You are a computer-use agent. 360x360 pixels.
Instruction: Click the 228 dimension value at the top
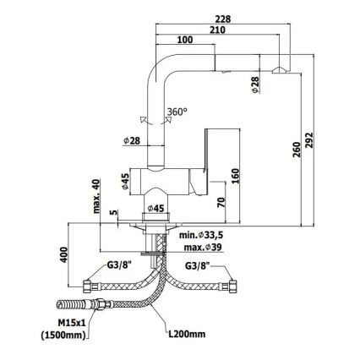[223, 19]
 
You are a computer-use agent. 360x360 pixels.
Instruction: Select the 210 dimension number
[217, 30]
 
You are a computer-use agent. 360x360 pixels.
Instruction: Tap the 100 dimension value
[185, 40]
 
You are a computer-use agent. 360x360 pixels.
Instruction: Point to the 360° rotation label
[177, 112]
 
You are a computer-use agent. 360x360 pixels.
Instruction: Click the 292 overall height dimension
[309, 142]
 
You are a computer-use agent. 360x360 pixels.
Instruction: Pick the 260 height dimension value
[297, 150]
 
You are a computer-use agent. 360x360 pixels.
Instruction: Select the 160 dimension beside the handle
[235, 176]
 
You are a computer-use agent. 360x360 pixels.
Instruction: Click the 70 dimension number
[221, 202]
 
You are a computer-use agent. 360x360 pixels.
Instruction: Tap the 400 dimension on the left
[64, 254]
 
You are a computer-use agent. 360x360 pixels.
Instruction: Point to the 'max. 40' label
[96, 196]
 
